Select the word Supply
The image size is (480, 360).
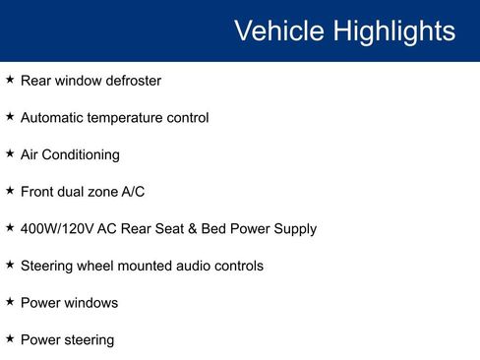[294, 229]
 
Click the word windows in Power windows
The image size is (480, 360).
[91, 303]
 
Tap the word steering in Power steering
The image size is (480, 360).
[89, 340]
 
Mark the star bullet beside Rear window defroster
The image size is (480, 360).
[10, 79]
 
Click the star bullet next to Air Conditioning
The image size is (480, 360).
[10, 153]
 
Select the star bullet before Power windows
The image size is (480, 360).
[10, 301]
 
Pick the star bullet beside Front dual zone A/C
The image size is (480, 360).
[10, 190]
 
